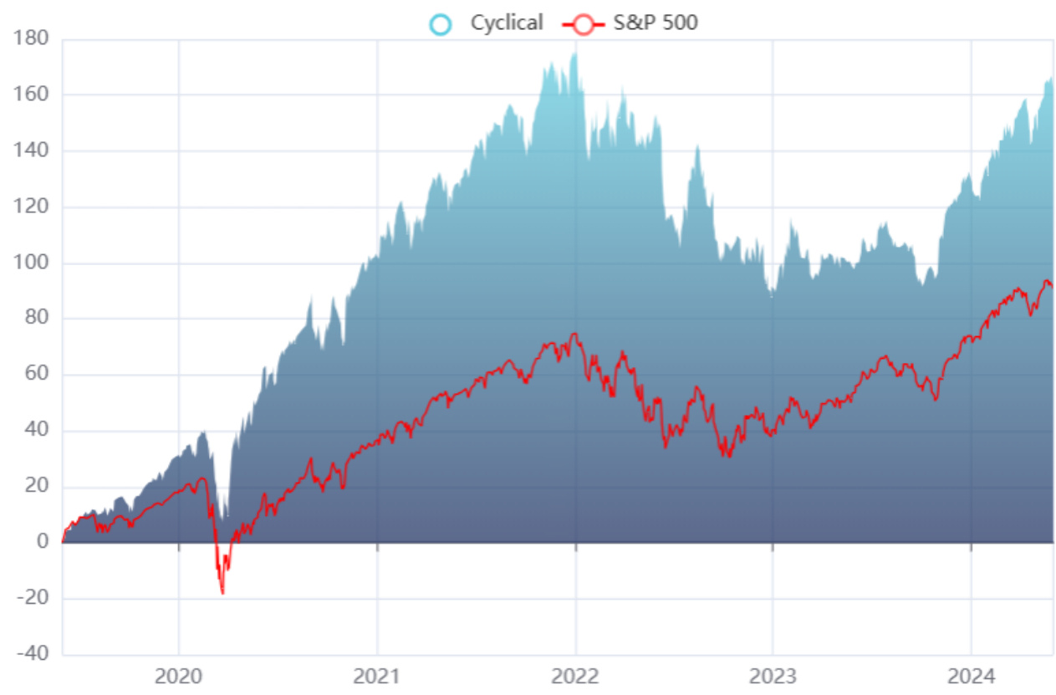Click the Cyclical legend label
tap(506, 23)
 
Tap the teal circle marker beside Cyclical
tap(440, 23)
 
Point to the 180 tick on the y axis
tap(32, 38)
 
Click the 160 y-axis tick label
tap(32, 95)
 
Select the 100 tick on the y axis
tap(32, 263)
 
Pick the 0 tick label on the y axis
tap(42, 542)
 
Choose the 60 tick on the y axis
tap(37, 375)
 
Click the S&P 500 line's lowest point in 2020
tap(222, 593)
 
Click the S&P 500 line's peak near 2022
tap(574, 335)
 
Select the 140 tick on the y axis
tap(32, 151)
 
